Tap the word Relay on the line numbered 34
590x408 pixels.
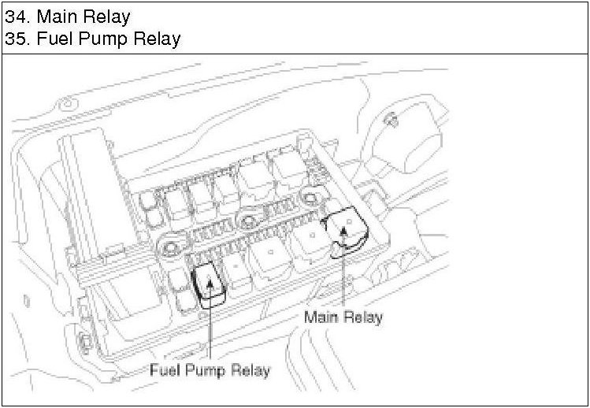pyautogui.click(x=109, y=16)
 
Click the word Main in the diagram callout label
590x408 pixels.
pyautogui.click(x=321, y=317)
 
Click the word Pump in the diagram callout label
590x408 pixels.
pyautogui.click(x=207, y=370)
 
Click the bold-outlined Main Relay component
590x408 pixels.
pyautogui.click(x=344, y=231)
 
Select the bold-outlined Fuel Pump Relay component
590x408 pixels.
pyautogui.click(x=210, y=283)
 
